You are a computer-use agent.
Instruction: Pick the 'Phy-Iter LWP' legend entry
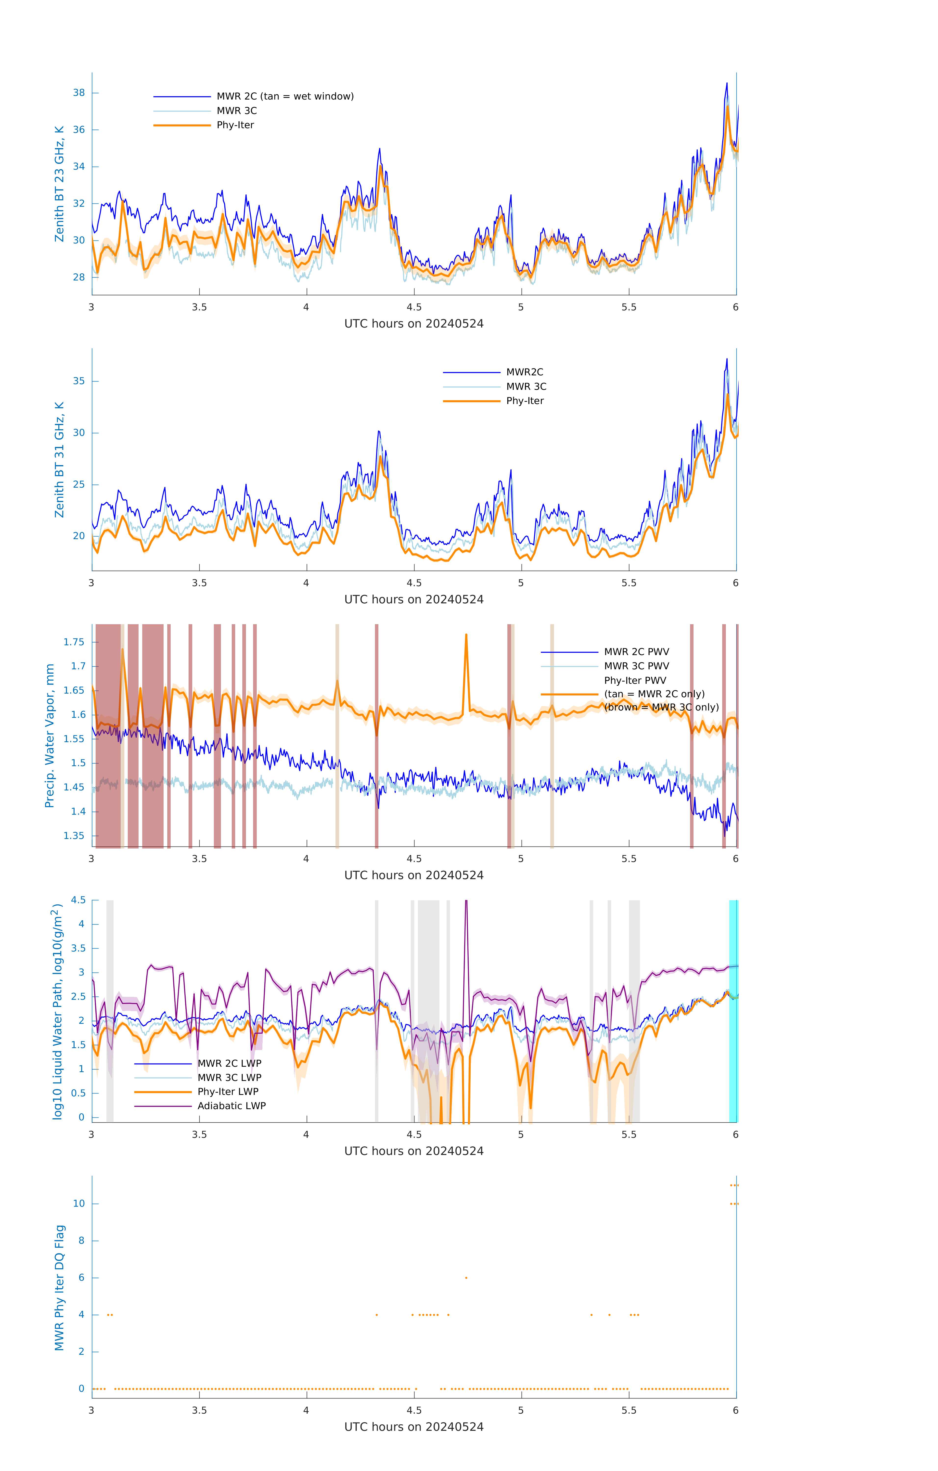point(228,1092)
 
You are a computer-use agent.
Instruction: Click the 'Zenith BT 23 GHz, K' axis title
point(59,184)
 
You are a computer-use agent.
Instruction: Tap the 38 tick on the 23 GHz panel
point(79,93)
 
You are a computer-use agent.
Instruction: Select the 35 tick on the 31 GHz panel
point(79,381)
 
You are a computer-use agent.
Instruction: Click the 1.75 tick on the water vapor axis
point(74,642)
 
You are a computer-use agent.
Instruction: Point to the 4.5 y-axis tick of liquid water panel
point(77,900)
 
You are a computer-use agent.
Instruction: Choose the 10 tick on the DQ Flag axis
point(79,1204)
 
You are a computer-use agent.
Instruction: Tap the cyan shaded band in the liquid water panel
point(733,1011)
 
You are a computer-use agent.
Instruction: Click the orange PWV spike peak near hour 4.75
point(466,635)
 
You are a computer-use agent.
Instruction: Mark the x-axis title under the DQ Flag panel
point(414,1427)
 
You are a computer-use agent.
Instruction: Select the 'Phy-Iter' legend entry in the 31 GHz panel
point(525,401)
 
